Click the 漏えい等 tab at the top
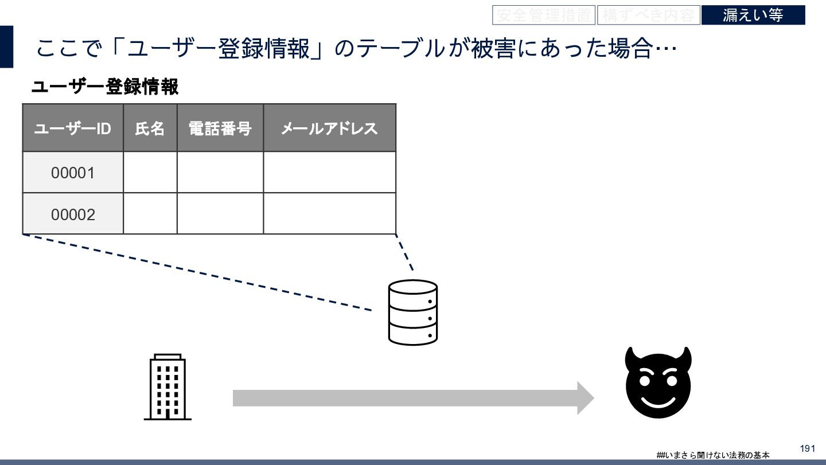coord(753,15)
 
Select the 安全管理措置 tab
coord(543,15)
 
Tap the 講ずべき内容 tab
coord(648,15)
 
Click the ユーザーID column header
coord(73,128)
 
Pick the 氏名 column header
coord(150,128)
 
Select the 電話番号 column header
coord(220,128)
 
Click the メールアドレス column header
coord(329,128)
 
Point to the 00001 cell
coord(73,173)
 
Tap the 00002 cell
coord(73,214)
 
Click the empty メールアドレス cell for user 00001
coord(329,173)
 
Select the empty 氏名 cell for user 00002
coord(150,214)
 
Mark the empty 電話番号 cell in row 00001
coord(220,173)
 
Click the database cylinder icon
coord(413,312)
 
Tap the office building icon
coord(167,387)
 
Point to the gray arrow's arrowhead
coord(585,398)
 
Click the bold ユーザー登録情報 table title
coord(105,87)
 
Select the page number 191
coord(807,448)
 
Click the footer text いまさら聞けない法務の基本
coord(716,455)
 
